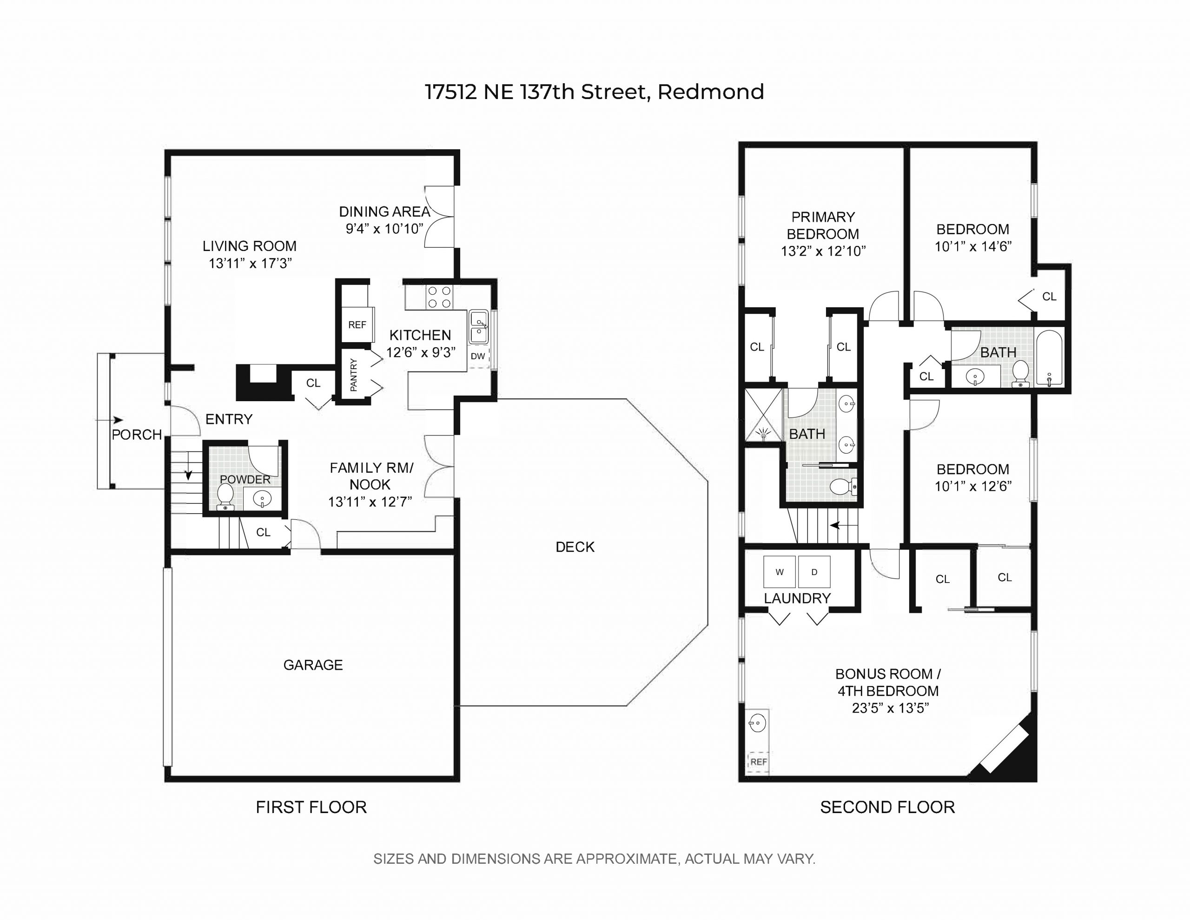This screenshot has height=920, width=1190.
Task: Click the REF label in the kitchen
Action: [x=357, y=325]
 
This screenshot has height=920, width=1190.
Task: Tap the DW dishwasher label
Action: [x=478, y=357]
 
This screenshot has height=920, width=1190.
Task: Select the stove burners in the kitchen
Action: [x=439, y=297]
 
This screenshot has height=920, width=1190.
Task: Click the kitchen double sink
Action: [x=479, y=326]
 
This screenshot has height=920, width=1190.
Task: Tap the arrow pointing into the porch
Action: [x=110, y=420]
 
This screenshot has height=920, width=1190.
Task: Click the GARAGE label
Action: [x=313, y=665]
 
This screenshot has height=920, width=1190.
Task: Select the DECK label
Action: [x=575, y=547]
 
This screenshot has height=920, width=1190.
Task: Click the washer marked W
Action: [x=780, y=571]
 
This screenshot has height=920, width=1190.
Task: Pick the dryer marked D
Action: [x=814, y=571]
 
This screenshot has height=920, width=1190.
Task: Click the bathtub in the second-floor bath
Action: [x=1049, y=357]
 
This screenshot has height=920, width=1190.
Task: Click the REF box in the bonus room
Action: [x=759, y=762]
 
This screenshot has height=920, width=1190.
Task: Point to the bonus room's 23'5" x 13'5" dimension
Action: [x=890, y=708]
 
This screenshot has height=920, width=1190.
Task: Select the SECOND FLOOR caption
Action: [x=887, y=807]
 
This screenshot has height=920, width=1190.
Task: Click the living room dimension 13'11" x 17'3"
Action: [x=250, y=263]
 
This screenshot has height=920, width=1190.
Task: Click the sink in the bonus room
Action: [x=757, y=724]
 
